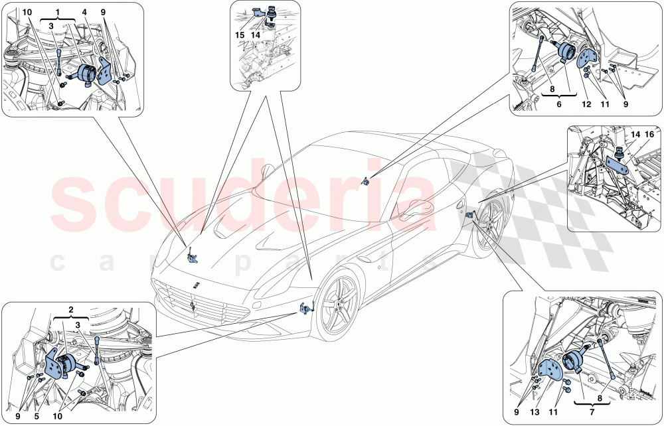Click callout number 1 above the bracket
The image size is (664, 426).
[x=58, y=13]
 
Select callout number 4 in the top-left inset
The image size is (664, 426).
[x=85, y=13]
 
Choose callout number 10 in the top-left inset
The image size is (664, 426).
[x=27, y=13]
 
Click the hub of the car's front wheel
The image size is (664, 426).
[x=341, y=307]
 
